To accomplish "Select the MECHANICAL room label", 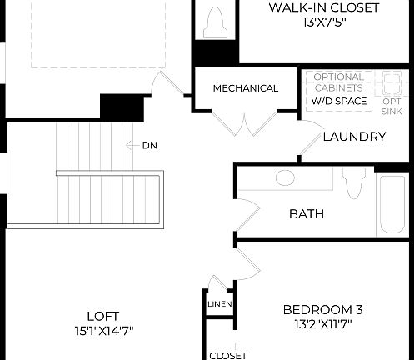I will pyautogui.click(x=245, y=88).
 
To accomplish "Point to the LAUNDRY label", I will pyautogui.click(x=354, y=137).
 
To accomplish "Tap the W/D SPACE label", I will pyautogui.click(x=337, y=101).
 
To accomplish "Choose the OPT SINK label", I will pyautogui.click(x=392, y=106).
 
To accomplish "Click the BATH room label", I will pyautogui.click(x=306, y=214).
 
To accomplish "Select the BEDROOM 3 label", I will pyautogui.click(x=322, y=309).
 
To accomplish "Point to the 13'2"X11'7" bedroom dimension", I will pyautogui.click(x=322, y=324).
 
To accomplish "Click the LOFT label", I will pyautogui.click(x=102, y=316).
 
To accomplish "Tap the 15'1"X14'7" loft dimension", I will pyautogui.click(x=102, y=330).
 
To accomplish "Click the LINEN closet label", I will pyautogui.click(x=220, y=304).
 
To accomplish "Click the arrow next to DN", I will pyautogui.click(x=132, y=146).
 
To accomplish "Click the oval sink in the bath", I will pyautogui.click(x=285, y=177).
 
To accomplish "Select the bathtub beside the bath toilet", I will pyautogui.click(x=392, y=204).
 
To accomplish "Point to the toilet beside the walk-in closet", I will pyautogui.click(x=215, y=21).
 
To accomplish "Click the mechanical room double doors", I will pyautogui.click(x=245, y=123).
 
